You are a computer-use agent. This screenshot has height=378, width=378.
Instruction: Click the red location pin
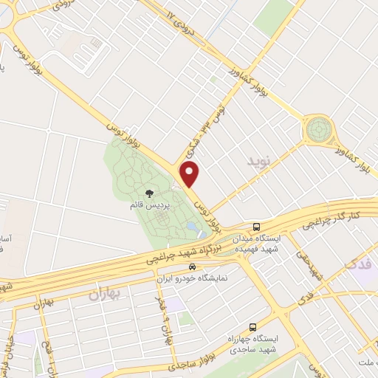190,174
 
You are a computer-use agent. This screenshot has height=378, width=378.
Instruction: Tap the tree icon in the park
149,193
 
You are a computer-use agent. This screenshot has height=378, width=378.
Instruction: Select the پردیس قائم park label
149,205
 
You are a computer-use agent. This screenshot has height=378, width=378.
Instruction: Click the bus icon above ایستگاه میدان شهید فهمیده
255,227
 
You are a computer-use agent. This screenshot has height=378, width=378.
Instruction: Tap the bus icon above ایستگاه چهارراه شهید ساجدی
252,326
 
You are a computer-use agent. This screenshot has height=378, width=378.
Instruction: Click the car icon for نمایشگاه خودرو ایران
193,267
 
